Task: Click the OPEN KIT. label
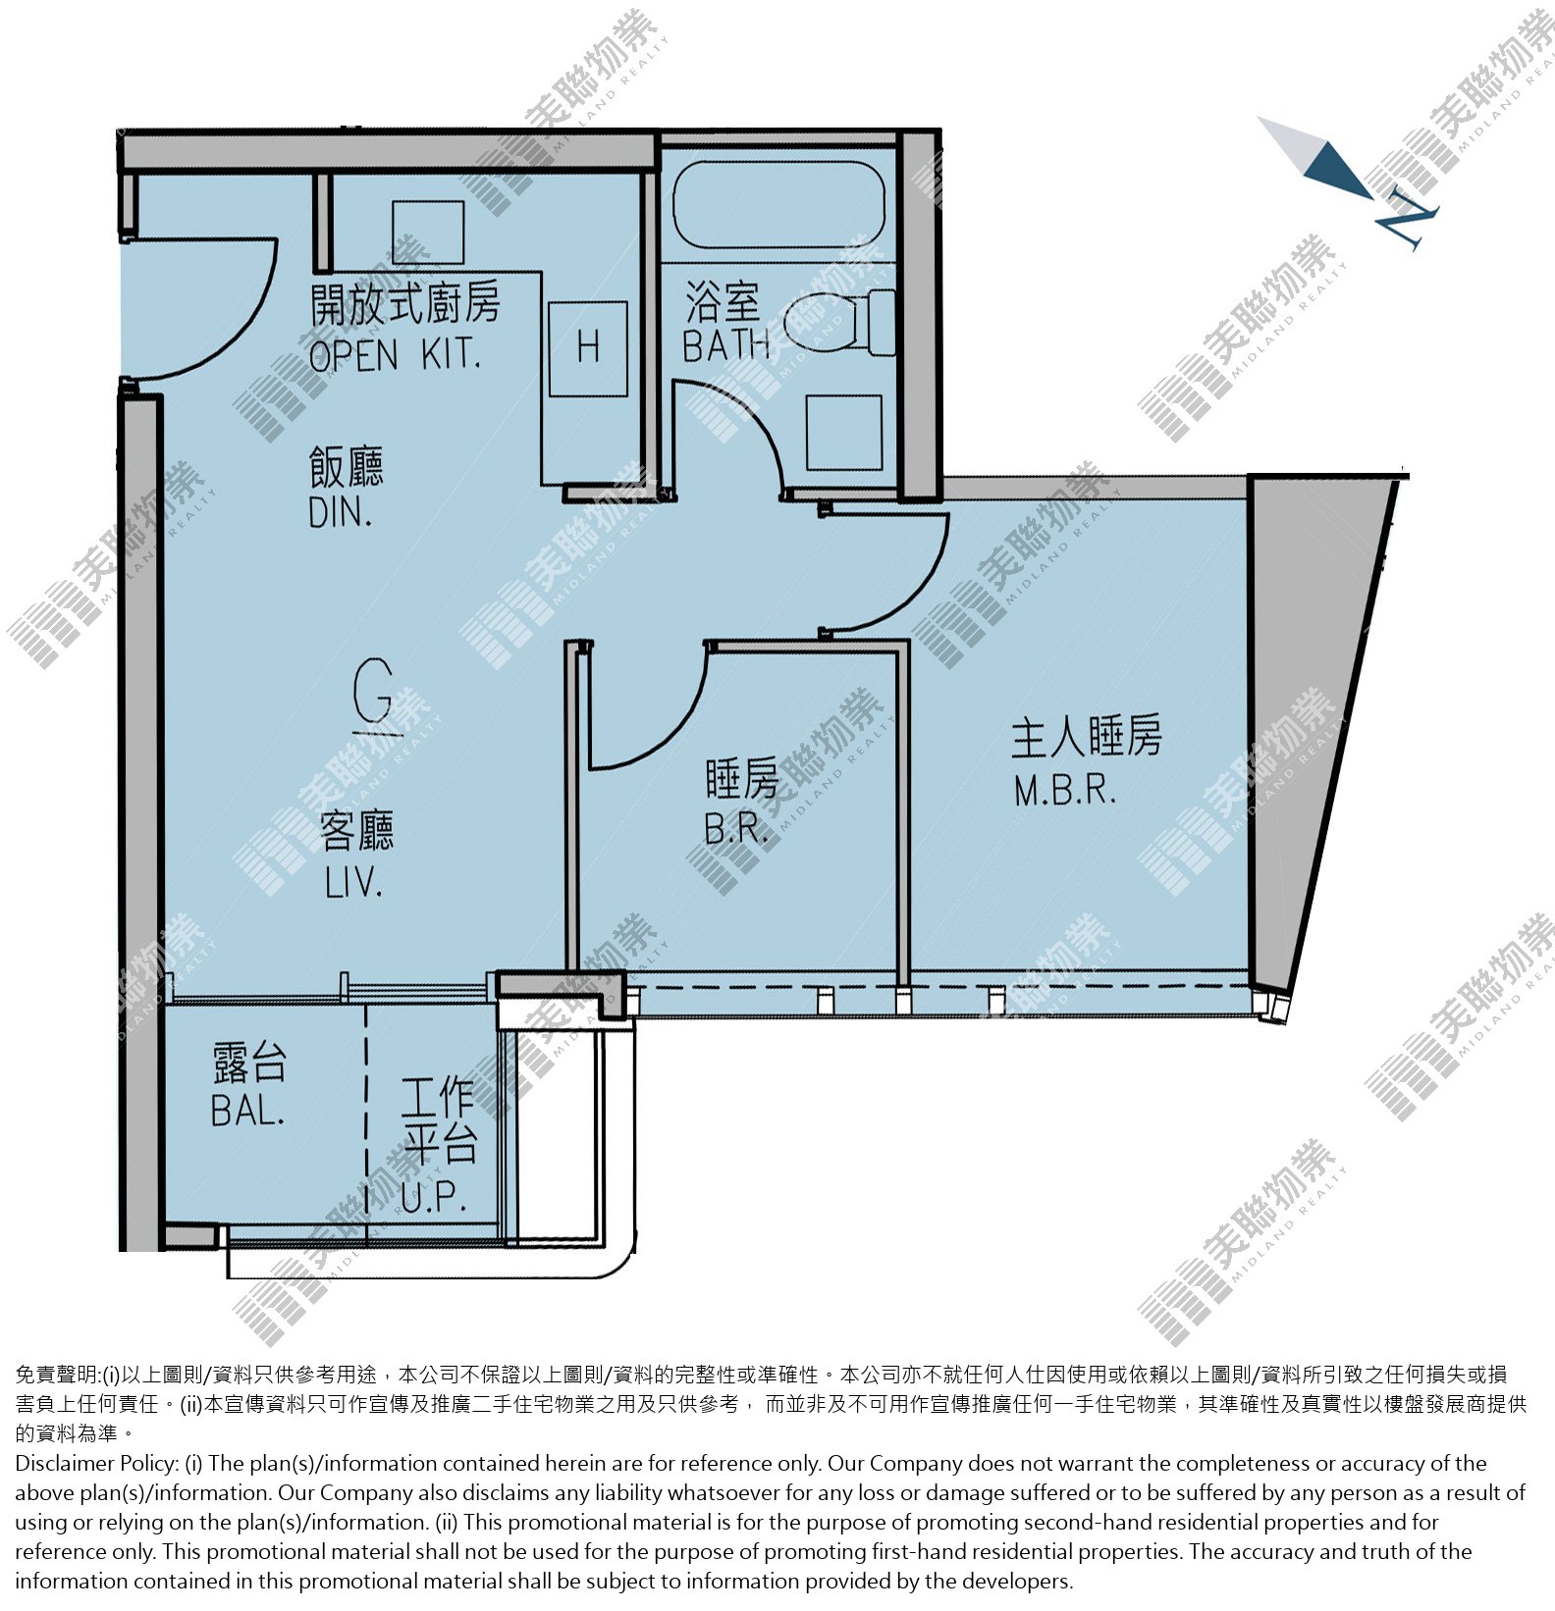(x=395, y=355)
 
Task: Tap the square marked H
(x=587, y=348)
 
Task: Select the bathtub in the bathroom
(x=778, y=205)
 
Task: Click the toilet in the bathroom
(x=840, y=321)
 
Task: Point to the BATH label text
(x=725, y=345)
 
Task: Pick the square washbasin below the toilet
(x=843, y=433)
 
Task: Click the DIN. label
(x=340, y=513)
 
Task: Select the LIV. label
(x=352, y=883)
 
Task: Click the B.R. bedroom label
(x=736, y=830)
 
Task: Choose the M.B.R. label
(x=1065, y=791)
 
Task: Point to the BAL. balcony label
(x=247, y=1111)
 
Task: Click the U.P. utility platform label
(x=432, y=1197)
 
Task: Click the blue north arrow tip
(x=1371, y=197)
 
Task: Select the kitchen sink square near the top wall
(x=428, y=233)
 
